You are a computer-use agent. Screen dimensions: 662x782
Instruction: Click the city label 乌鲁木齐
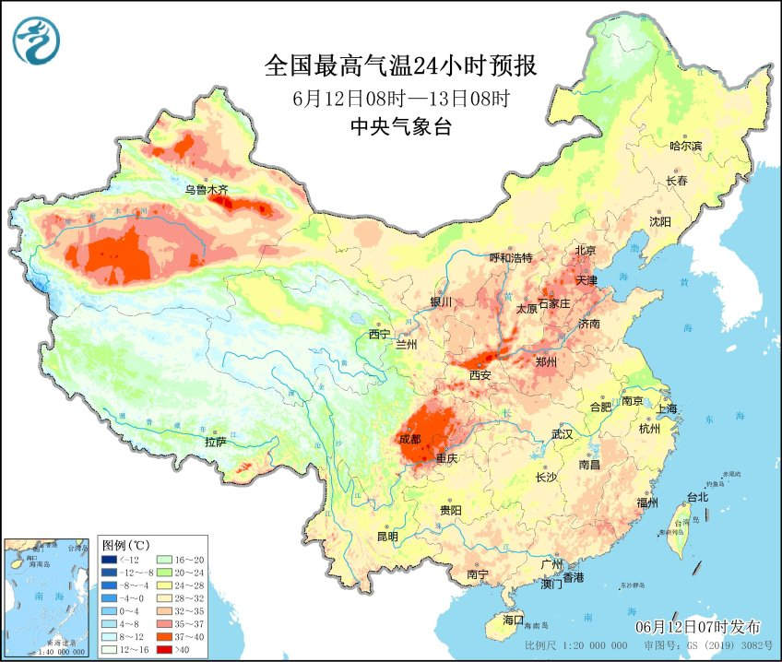[x=206, y=190]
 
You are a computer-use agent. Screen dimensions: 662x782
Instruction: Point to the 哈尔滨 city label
[x=685, y=146]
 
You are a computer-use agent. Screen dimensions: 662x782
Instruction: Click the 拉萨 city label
[x=215, y=442]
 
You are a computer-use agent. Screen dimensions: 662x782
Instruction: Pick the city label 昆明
[x=387, y=537]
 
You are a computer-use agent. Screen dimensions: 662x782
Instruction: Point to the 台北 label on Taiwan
[x=697, y=497]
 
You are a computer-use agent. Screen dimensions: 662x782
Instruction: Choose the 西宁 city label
[x=380, y=334]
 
